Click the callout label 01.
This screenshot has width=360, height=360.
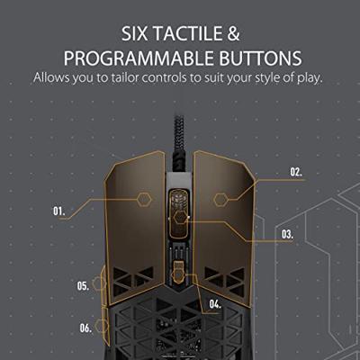pos(59,211)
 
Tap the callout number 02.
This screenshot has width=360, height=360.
pos(296,172)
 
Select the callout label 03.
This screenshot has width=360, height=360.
pos(287,234)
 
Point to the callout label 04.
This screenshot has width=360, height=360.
pos(215,304)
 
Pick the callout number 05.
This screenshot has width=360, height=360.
pos(83,285)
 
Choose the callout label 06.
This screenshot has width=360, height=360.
pos(85,328)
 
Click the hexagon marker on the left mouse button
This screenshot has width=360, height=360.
pos(145,200)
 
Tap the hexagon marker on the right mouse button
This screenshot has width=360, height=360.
pos(221,200)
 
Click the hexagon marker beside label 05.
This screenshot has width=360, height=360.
pos(99,283)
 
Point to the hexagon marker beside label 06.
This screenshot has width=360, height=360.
pos(102,326)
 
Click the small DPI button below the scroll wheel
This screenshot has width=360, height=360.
pos(179,272)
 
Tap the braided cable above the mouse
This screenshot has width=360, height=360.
pos(179,142)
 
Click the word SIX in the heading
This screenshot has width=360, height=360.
pos(134,33)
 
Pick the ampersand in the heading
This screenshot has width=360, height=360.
pos(233,33)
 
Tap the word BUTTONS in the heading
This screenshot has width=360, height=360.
pos(260,58)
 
